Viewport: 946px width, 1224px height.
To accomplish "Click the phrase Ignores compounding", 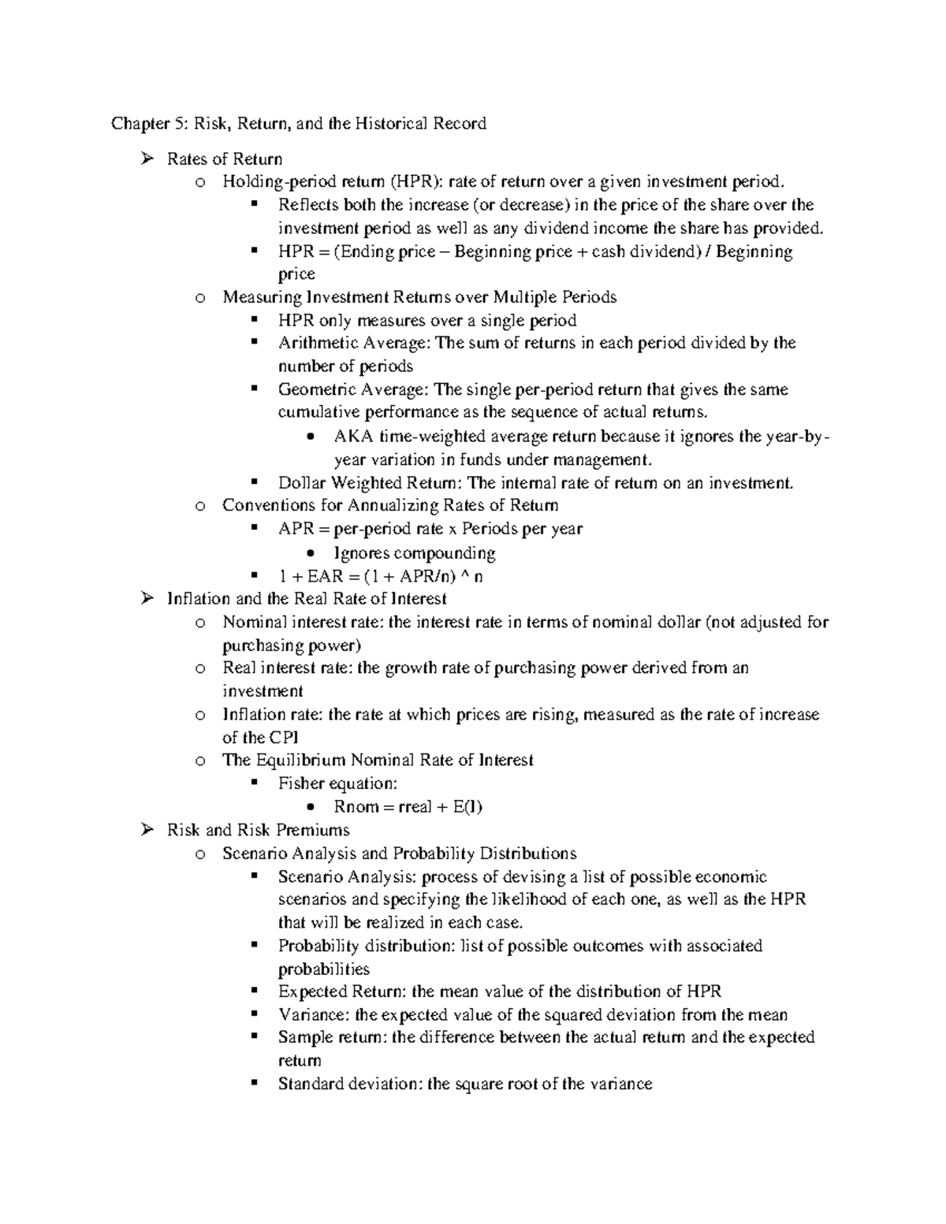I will [415, 552].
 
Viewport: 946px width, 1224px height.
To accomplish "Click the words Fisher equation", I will [337, 783].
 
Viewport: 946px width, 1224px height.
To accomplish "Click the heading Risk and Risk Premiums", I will [258, 830].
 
